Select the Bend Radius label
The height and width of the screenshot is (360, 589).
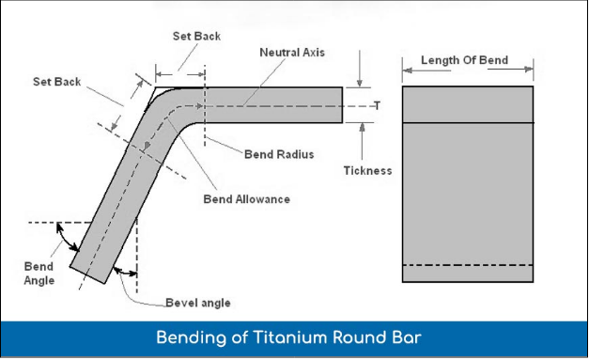click(278, 153)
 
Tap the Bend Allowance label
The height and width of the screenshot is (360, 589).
click(246, 199)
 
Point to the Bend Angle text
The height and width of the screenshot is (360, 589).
click(39, 273)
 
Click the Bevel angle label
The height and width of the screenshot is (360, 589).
click(197, 303)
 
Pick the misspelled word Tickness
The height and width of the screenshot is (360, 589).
click(367, 171)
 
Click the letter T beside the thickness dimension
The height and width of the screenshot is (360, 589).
click(376, 105)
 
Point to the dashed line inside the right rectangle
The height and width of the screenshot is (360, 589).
click(468, 265)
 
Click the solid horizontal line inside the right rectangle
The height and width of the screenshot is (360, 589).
click(468, 123)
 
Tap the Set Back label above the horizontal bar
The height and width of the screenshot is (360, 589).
click(195, 36)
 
